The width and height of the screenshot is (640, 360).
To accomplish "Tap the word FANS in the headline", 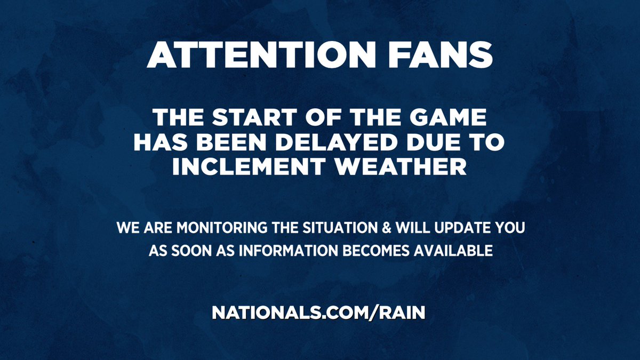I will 449,55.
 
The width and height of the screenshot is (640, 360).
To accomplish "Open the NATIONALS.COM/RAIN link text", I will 319,313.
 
